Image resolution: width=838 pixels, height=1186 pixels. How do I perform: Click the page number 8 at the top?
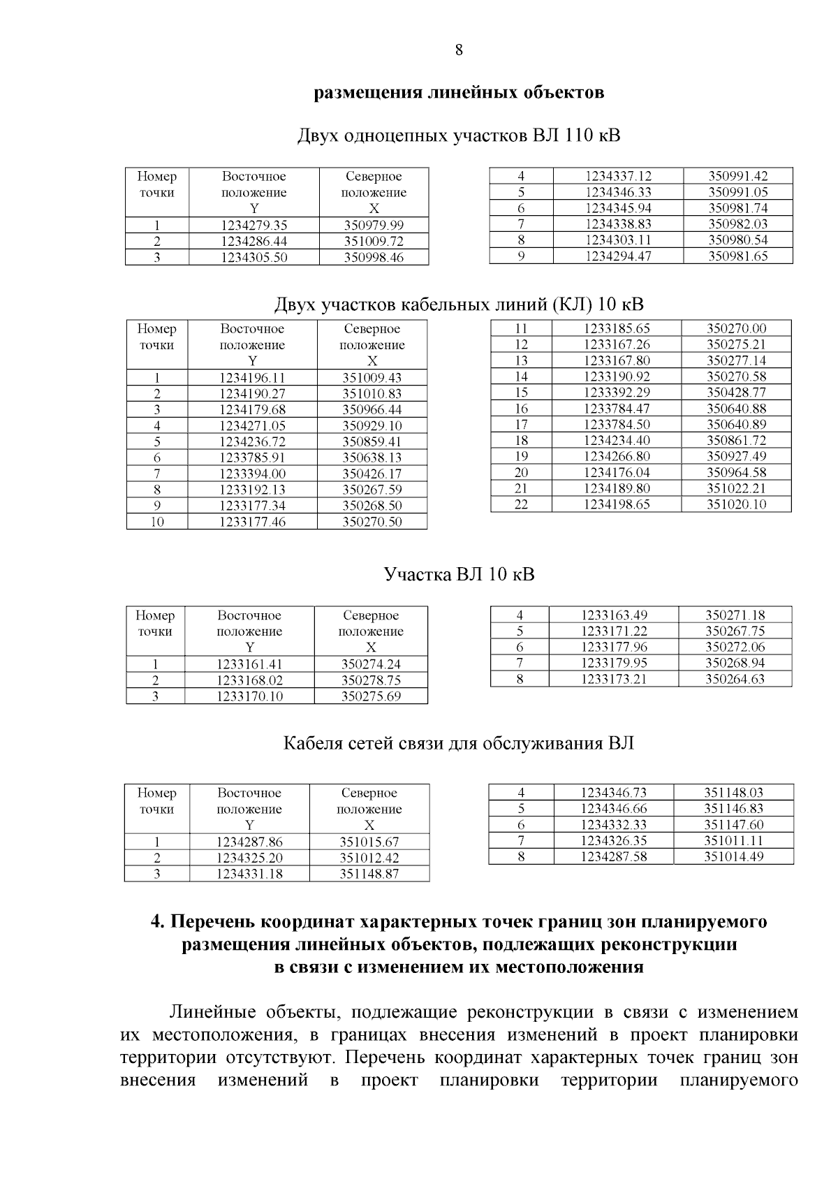[x=459, y=50]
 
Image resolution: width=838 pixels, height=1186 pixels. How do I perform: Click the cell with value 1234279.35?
[x=253, y=225]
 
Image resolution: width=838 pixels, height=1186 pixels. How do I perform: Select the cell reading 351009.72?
[x=374, y=241]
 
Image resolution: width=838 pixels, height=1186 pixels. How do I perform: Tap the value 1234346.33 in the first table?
[x=618, y=192]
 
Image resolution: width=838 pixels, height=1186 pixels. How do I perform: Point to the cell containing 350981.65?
[x=738, y=256]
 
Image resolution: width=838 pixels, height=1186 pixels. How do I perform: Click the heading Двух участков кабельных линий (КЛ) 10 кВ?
[x=459, y=305]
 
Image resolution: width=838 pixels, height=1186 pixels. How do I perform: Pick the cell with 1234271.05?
[x=252, y=425]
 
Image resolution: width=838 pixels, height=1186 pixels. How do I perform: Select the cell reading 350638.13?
[x=372, y=457]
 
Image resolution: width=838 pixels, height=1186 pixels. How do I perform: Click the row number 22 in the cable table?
[x=521, y=504]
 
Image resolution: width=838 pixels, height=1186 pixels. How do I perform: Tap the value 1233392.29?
[x=617, y=393]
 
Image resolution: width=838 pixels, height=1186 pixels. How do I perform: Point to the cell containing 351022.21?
[x=736, y=488]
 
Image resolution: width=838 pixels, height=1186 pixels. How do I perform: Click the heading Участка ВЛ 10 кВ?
[x=459, y=575]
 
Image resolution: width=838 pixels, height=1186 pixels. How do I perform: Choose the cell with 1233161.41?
[x=249, y=664]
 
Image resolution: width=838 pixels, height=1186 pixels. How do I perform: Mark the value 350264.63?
[x=735, y=678]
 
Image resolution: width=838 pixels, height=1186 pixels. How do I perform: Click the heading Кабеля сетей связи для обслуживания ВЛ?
[x=459, y=743]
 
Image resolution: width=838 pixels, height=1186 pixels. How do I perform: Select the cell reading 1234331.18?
[x=249, y=874]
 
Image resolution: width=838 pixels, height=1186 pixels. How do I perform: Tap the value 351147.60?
[x=733, y=824]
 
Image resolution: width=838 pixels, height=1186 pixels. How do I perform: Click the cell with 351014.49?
[x=733, y=856]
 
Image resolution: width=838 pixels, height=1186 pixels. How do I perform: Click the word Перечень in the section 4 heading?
[x=213, y=922]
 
